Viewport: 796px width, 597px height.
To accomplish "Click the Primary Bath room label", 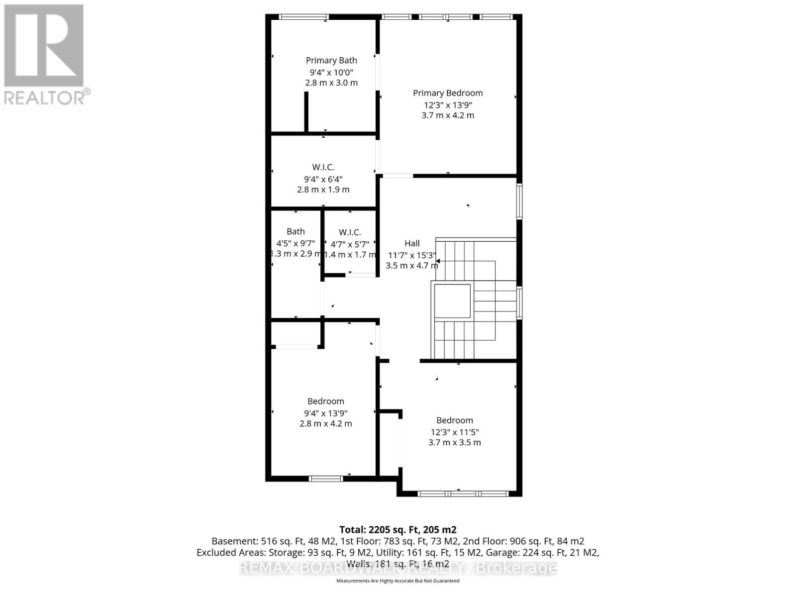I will pyautogui.click(x=331, y=60).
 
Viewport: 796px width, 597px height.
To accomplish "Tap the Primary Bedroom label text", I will pyautogui.click(x=448, y=93).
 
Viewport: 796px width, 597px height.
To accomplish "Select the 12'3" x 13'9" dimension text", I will pyautogui.click(x=448, y=105).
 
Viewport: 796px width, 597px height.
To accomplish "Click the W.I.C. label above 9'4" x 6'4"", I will pyautogui.click(x=323, y=167).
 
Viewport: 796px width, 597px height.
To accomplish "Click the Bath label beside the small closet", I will pyautogui.click(x=296, y=231).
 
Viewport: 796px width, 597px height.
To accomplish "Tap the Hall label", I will pyautogui.click(x=412, y=243).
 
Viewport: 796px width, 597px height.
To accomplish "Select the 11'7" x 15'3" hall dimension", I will pyautogui.click(x=412, y=255).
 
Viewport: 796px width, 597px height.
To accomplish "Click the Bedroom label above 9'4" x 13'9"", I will pyautogui.click(x=326, y=401).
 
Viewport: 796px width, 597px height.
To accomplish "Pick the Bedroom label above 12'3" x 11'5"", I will pyautogui.click(x=455, y=420).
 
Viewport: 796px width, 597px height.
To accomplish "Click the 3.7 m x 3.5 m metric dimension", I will pyautogui.click(x=455, y=442).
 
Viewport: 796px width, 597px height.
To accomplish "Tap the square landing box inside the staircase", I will pyautogui.click(x=452, y=301).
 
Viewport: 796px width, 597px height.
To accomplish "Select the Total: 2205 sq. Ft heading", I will pyautogui.click(x=398, y=530).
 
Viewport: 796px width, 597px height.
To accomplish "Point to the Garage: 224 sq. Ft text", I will pyautogui.click(x=548, y=553).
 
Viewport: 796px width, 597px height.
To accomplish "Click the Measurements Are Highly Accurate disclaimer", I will pyautogui.click(x=398, y=581).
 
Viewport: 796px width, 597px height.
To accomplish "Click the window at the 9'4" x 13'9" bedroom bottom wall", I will pyautogui.click(x=326, y=479).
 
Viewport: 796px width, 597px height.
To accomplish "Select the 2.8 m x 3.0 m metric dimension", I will pyautogui.click(x=331, y=83).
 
